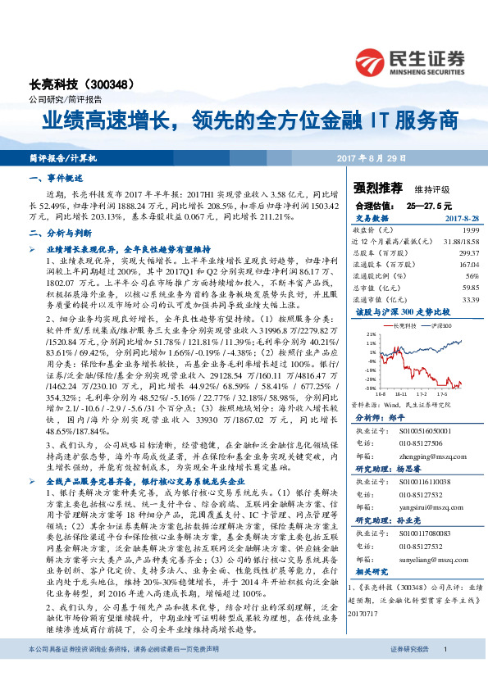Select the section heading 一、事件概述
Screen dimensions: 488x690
pos(57,178)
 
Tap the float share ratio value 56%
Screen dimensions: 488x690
pos(449,276)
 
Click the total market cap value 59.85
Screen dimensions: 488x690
pos(446,288)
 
